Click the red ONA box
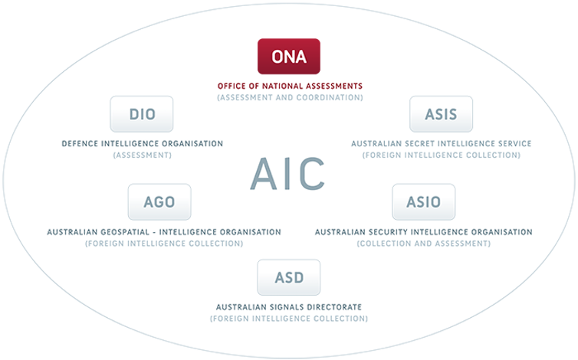pyautogui.click(x=289, y=57)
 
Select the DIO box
pyautogui.click(x=142, y=114)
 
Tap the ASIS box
pyautogui.click(x=441, y=114)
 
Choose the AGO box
pyautogui.click(x=159, y=202)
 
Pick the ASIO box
pyautogui.click(x=424, y=202)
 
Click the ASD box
pyautogui.click(x=289, y=277)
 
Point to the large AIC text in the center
pyautogui.click(x=287, y=174)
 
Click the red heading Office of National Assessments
pyautogui.click(x=290, y=87)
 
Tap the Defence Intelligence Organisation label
pyautogui.click(x=143, y=144)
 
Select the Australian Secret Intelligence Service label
pyautogui.click(x=442, y=144)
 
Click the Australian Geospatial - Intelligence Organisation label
pyautogui.click(x=164, y=232)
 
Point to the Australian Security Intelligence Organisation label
pyautogui.click(x=424, y=232)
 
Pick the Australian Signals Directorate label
pyautogui.click(x=289, y=307)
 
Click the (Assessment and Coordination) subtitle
pyautogui.click(x=290, y=97)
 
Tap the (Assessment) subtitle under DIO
pyautogui.click(x=143, y=155)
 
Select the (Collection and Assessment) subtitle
pyautogui.click(x=424, y=244)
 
